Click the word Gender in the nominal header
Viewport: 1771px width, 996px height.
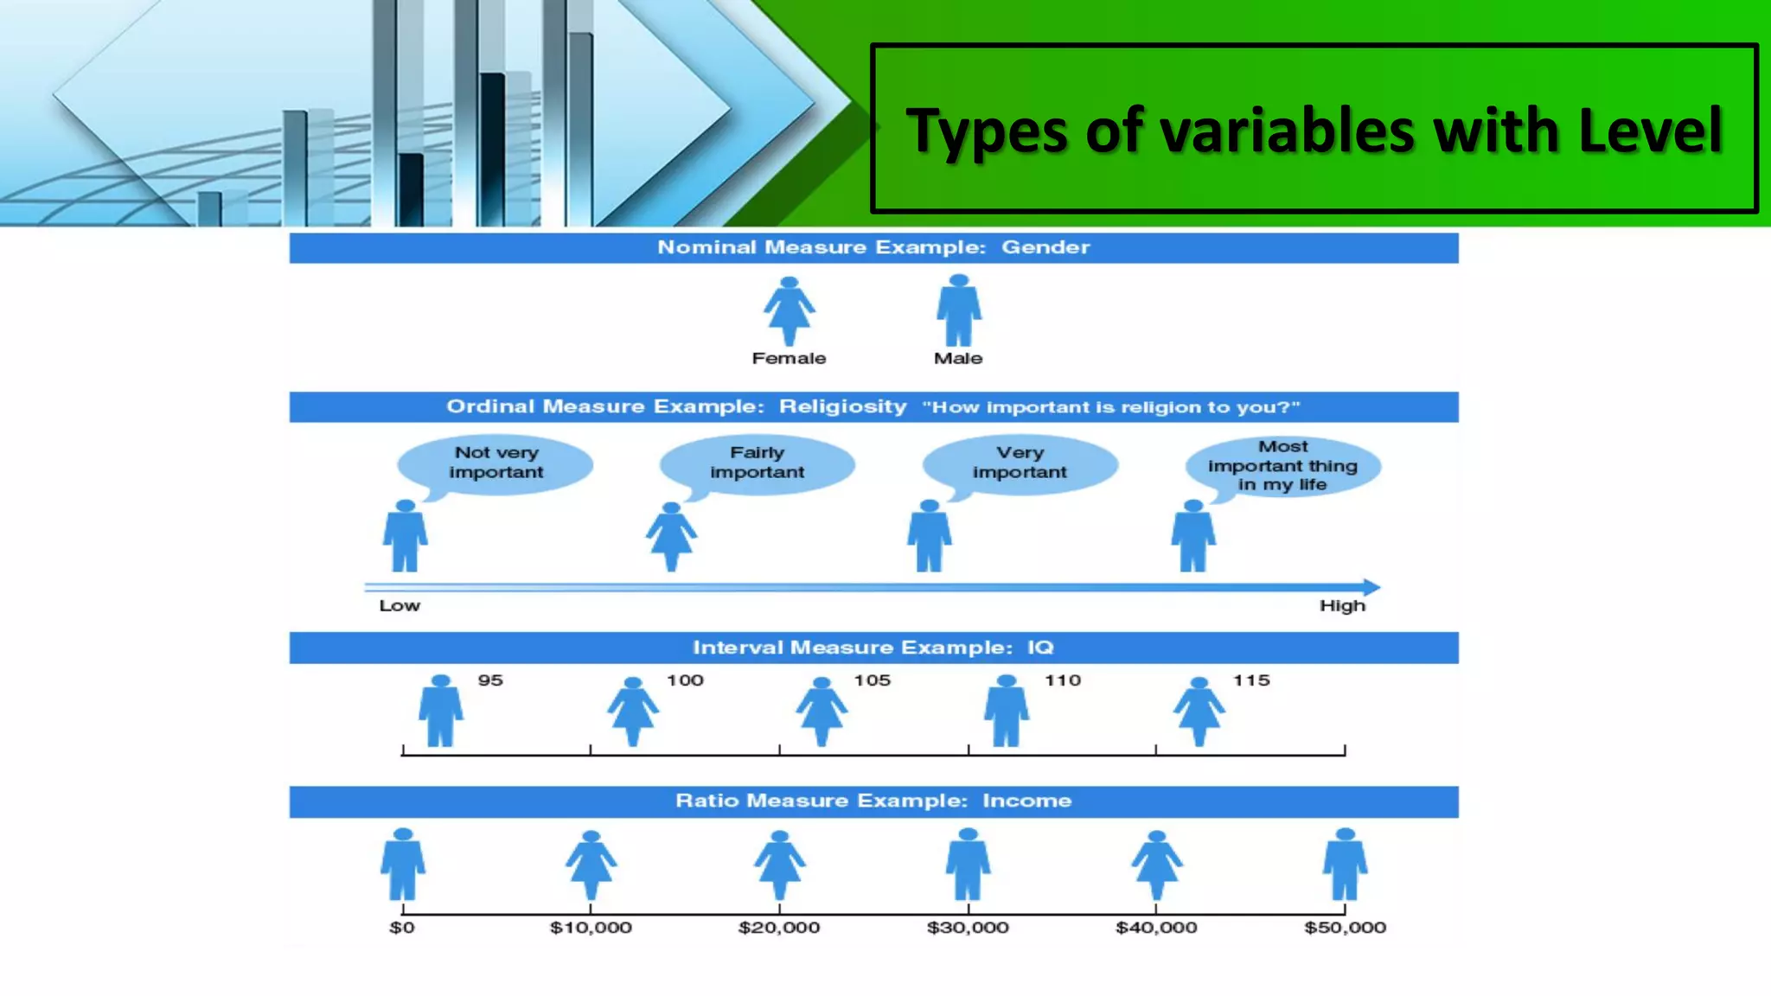[1045, 247]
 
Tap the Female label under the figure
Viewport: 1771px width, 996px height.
[789, 358]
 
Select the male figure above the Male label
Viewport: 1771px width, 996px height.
[958, 310]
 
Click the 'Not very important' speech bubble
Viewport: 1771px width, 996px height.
[495, 463]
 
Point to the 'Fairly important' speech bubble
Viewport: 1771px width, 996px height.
[757, 463]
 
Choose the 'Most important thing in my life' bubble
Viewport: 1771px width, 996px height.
[1282, 466]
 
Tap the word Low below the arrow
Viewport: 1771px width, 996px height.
[400, 606]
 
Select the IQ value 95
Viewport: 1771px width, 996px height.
[490, 680]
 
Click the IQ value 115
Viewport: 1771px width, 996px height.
[1250, 680]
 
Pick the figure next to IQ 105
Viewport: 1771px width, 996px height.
[821, 711]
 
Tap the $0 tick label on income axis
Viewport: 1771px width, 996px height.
[402, 928]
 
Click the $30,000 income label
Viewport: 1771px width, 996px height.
[968, 928]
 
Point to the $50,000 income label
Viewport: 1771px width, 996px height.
[1345, 928]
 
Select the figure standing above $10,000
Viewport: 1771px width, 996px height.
[591, 865]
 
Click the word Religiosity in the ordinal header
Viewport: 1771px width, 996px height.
[842, 407]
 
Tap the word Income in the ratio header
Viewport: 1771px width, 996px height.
[1026, 801]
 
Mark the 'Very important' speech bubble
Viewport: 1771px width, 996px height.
[1020, 463]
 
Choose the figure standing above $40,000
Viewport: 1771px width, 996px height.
[1156, 865]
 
